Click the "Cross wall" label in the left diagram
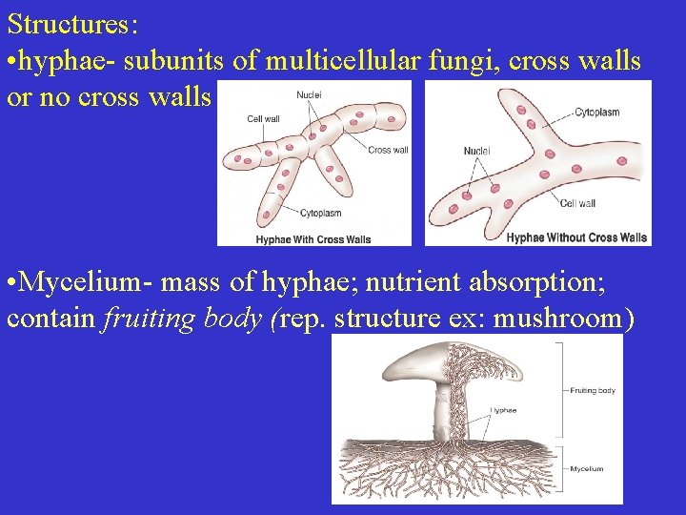(388, 150)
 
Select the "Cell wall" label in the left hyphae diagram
(263, 119)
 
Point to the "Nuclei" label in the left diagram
(309, 94)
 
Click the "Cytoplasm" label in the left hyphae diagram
(320, 213)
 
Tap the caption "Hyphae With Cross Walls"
(313, 238)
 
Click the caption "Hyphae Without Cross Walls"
(576, 237)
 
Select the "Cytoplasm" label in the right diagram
(596, 113)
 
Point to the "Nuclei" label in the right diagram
(477, 151)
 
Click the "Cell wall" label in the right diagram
(577, 203)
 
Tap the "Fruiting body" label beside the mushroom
(593, 390)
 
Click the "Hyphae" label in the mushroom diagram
(503, 411)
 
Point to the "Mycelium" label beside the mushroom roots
(586, 468)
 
